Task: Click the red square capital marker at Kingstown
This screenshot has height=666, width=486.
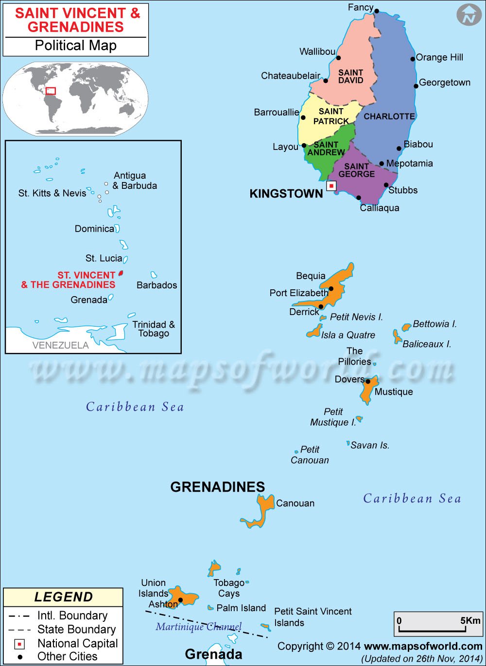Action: point(331,186)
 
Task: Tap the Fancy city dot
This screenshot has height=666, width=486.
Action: point(377,11)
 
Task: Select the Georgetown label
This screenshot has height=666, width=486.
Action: point(445,83)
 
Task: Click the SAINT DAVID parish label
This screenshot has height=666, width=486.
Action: point(351,77)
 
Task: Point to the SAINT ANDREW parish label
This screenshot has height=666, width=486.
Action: point(326,148)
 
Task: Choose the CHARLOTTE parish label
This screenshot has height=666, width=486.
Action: point(389,117)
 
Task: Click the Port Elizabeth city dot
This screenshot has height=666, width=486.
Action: point(331,289)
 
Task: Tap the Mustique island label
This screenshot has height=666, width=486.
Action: point(394,392)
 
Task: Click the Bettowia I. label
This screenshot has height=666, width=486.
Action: point(434,324)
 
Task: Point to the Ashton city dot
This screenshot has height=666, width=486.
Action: point(180,600)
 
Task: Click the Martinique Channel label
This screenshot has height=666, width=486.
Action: point(198,627)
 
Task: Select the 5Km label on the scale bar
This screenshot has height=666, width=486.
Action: point(470,620)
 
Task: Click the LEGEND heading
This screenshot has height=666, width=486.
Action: point(63,597)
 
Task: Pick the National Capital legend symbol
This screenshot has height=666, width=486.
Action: point(19,644)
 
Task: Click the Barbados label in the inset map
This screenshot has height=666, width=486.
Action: point(156,285)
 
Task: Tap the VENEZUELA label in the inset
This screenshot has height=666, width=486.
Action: point(60,345)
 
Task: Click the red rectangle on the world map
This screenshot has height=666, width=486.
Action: point(51,91)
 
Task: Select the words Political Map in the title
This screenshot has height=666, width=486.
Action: point(75,46)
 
